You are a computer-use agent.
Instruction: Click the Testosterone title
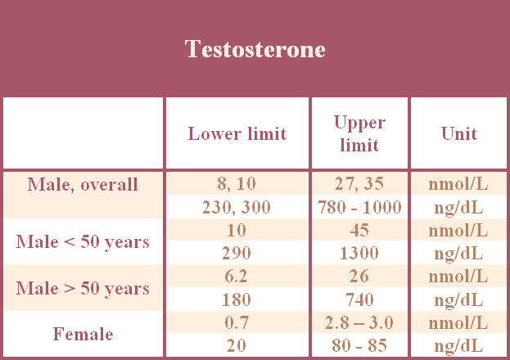tap(255, 49)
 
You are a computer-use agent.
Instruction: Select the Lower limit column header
tap(237, 133)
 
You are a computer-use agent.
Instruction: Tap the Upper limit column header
tap(359, 133)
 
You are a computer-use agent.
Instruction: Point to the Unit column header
tap(459, 133)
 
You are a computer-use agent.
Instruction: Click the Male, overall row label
tap(83, 184)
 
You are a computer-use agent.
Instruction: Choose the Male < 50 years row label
tap(83, 242)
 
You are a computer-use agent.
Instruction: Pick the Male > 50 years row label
tap(83, 289)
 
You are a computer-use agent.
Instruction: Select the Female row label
tap(83, 334)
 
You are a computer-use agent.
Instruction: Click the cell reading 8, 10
tap(237, 184)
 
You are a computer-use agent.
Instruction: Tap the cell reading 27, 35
tap(359, 184)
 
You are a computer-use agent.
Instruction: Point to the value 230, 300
tap(237, 207)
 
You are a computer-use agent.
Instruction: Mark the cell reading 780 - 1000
tap(359, 207)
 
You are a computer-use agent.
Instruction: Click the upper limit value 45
tap(359, 230)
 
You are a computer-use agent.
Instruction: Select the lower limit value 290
tap(237, 253)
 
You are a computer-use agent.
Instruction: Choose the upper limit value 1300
tap(359, 253)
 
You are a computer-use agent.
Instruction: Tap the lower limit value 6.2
tap(237, 276)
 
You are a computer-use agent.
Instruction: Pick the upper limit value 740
tap(359, 299)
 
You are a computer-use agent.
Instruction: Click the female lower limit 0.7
tap(237, 322)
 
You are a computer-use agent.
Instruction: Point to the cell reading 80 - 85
tap(359, 345)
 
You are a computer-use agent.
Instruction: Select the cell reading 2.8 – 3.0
tap(359, 322)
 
